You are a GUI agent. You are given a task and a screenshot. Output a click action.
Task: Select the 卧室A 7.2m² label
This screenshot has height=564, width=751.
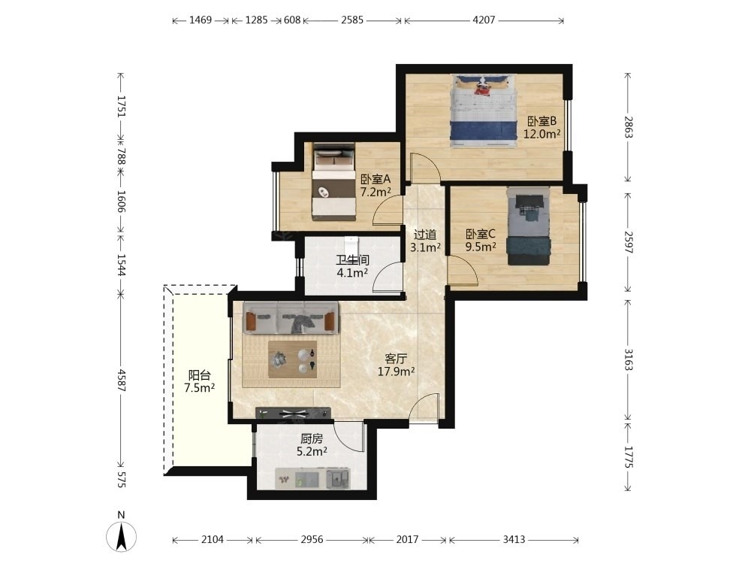pos(375,186)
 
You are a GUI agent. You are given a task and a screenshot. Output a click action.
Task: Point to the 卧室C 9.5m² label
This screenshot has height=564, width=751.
pos(481,241)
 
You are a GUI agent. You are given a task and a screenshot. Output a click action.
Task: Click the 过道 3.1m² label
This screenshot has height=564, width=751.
pos(425,241)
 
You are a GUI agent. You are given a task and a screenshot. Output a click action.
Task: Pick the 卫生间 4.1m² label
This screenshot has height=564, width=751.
pos(352,267)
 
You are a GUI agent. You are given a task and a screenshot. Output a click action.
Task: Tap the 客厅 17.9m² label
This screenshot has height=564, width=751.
pos(396,365)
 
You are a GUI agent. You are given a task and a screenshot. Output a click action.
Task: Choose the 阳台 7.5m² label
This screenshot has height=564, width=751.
pos(199,381)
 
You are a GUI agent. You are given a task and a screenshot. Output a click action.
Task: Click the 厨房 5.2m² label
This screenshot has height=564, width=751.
pos(312,444)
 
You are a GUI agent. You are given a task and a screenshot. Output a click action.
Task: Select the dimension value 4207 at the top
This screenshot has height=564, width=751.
pos(484,20)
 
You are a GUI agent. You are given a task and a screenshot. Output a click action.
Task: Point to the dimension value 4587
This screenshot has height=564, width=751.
pos(121,381)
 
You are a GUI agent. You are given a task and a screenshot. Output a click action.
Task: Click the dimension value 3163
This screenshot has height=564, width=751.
pos(629,359)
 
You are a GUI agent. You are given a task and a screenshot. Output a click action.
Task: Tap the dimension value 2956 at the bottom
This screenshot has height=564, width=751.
pos(312,539)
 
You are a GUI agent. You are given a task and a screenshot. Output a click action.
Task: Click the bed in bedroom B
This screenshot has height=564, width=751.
pos(484,111)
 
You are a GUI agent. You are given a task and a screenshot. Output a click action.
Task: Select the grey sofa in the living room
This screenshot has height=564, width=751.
pos(291,318)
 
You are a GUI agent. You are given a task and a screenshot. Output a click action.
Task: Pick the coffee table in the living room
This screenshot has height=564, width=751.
pos(293,359)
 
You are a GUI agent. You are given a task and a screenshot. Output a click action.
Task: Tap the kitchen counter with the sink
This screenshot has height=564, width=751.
pos(312,478)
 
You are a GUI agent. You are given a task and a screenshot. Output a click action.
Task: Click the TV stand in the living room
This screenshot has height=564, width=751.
pos(294,412)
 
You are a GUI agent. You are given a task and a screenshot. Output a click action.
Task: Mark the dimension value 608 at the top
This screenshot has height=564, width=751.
pos(291,20)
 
